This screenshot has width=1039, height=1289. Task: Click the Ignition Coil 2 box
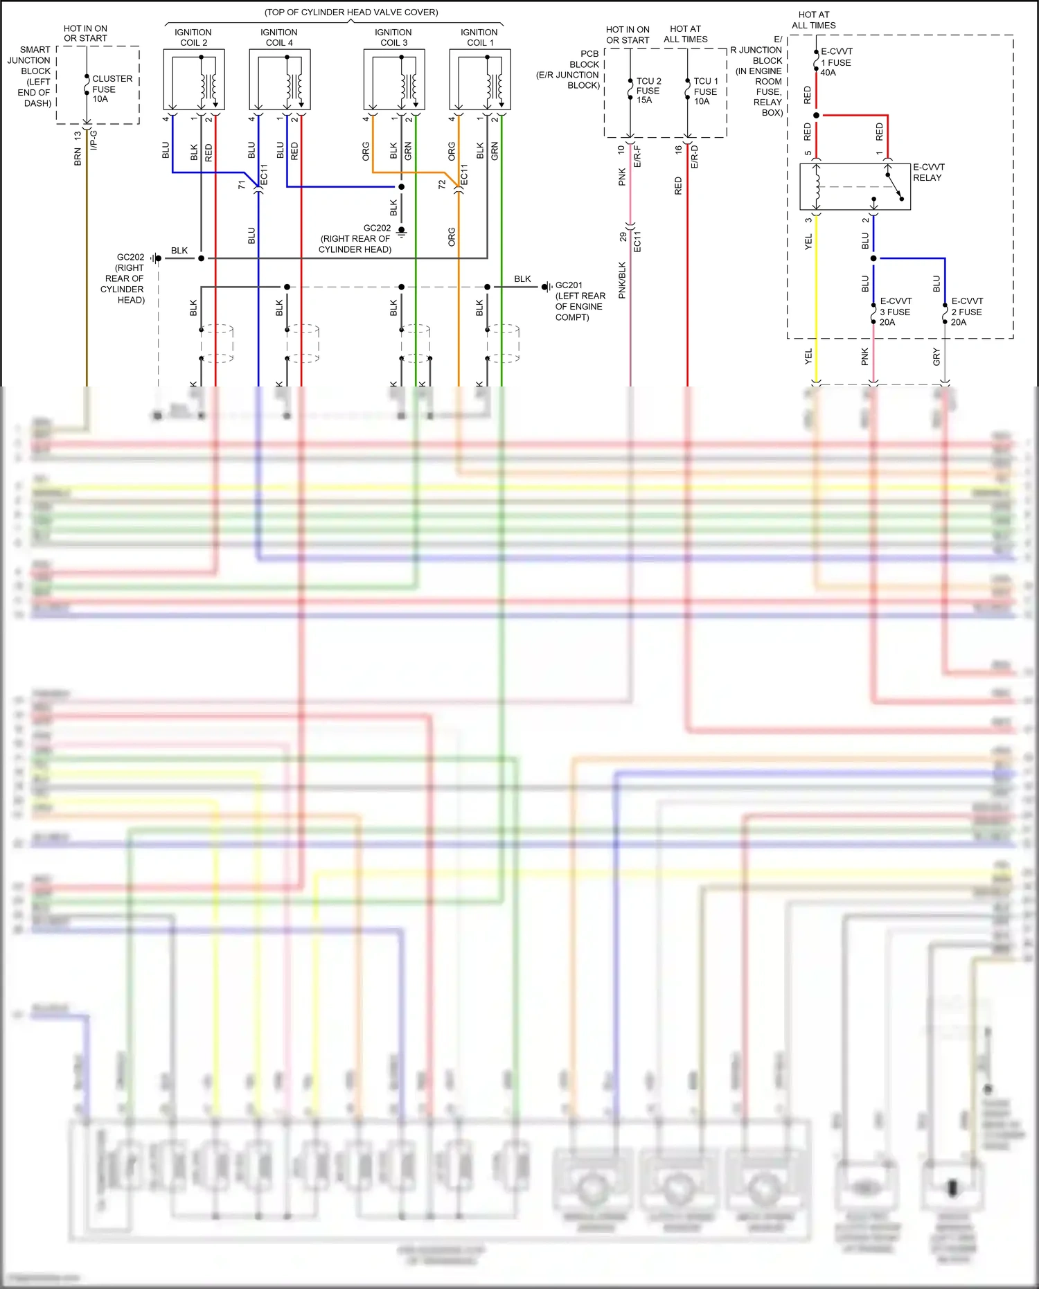[193, 80]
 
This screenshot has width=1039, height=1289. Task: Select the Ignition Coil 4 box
[279, 80]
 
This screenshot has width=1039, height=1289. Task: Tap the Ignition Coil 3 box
[393, 80]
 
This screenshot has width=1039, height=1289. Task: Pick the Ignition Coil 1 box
[479, 80]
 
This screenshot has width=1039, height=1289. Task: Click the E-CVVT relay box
[855, 186]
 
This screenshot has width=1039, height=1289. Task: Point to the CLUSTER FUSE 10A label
[111, 89]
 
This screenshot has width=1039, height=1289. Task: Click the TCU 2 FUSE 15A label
[648, 91]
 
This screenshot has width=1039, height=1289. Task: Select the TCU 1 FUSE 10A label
[705, 91]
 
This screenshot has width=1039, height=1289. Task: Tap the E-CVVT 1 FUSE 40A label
[836, 62]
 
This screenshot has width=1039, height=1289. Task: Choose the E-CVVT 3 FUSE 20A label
[896, 312]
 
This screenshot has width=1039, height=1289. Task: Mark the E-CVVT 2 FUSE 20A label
[967, 312]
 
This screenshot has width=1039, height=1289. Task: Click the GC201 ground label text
[569, 285]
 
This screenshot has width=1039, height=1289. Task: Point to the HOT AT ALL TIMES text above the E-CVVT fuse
[814, 20]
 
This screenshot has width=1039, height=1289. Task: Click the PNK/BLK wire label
[622, 280]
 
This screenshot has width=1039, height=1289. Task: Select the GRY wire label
[936, 357]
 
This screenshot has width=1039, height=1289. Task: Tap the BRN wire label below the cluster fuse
[78, 157]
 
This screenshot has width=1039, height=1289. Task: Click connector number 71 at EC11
[242, 185]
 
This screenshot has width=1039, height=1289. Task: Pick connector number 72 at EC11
[442, 185]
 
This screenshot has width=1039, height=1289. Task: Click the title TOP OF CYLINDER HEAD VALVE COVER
[351, 12]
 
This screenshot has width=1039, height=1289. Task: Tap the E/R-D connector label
[695, 157]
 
